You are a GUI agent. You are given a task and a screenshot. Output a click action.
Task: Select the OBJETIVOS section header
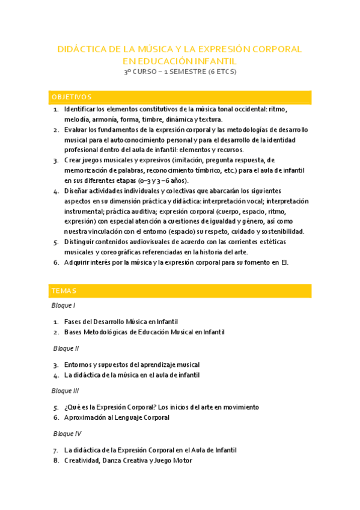72,97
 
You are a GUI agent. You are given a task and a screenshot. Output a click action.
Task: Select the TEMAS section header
64,291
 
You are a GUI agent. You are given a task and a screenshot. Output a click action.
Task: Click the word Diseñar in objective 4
76,191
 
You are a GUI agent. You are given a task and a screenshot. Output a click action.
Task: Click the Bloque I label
64,306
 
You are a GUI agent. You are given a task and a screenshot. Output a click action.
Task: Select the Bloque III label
66,390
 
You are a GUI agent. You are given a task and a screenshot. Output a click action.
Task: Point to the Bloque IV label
67,433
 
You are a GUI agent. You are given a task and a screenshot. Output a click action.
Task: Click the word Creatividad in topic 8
83,461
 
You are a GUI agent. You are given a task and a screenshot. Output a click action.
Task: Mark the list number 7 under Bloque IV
55,450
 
